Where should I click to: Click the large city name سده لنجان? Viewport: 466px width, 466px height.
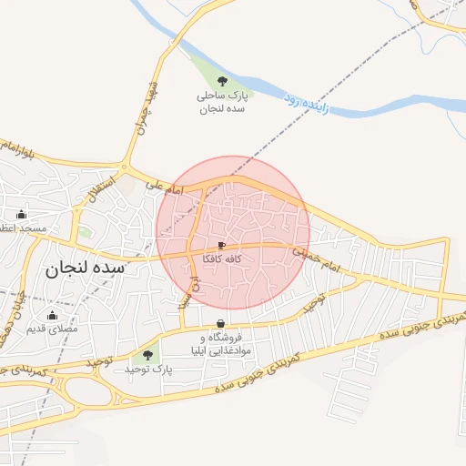click(x=82, y=269)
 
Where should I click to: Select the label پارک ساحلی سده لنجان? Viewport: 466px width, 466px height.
click(x=223, y=101)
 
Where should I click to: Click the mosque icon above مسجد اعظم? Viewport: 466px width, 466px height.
click(x=22, y=215)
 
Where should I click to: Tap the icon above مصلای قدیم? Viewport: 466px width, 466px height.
click(x=51, y=315)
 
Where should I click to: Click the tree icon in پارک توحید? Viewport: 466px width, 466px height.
click(x=147, y=355)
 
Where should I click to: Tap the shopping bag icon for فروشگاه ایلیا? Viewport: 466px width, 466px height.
click(x=221, y=325)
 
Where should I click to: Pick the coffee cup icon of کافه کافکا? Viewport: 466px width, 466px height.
click(x=221, y=246)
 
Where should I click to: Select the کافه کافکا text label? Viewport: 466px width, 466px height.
click(x=221, y=259)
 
